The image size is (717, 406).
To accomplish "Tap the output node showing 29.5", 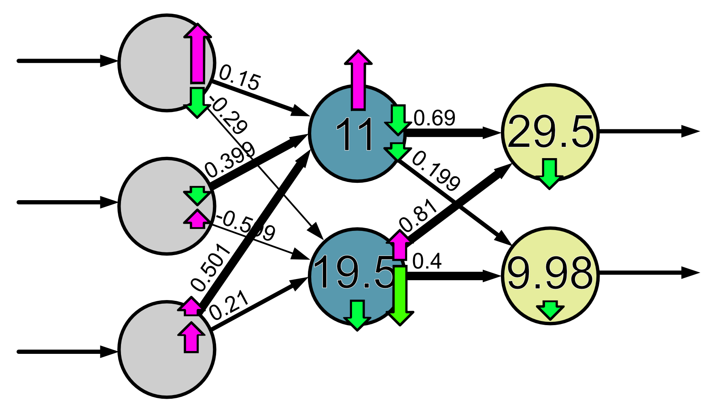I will click(550, 132).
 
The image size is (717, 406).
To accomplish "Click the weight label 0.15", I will click(239, 78).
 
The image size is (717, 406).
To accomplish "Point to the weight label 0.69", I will click(434, 118).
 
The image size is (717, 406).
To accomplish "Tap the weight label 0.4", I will click(427, 261).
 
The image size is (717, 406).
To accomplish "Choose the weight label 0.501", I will click(211, 268).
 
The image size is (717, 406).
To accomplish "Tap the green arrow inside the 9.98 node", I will click(550, 311).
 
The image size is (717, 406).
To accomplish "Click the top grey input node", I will click(158, 63).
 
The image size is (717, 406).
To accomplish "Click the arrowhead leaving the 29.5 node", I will click(690, 131).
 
